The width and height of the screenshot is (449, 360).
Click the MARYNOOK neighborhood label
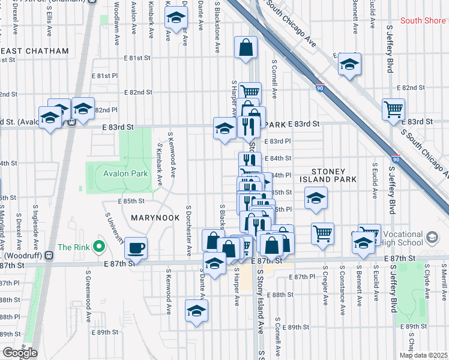(x=155, y=218)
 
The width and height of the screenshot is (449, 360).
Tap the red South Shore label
(x=423, y=20)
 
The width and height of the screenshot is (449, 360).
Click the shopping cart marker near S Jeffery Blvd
(x=393, y=109)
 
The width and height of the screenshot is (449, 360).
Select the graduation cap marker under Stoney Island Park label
(x=316, y=199)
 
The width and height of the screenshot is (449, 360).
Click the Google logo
(x=19, y=353)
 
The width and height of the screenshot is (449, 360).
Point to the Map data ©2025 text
(x=424, y=355)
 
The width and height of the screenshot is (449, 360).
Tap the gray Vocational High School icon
(x=432, y=238)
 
